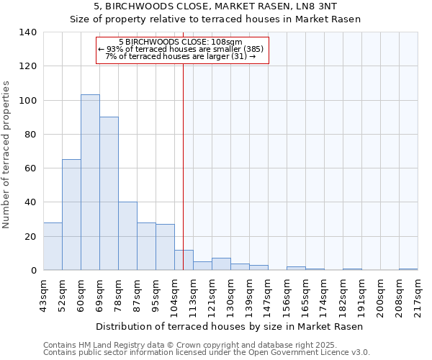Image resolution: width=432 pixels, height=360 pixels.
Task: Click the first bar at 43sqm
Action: [x=53, y=246]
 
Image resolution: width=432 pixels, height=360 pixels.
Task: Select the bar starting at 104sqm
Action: [x=184, y=260]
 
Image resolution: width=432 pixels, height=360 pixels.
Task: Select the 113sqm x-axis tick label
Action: [x=194, y=294]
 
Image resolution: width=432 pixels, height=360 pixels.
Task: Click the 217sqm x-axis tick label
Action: [x=418, y=294]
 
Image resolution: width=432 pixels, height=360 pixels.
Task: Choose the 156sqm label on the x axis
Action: [x=287, y=294]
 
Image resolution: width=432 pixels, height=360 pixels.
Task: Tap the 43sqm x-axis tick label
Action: [x=44, y=294]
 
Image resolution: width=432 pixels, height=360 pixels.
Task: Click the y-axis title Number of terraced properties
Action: [x=6, y=154]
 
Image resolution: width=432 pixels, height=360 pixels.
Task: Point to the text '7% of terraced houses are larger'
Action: [x=181, y=56]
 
